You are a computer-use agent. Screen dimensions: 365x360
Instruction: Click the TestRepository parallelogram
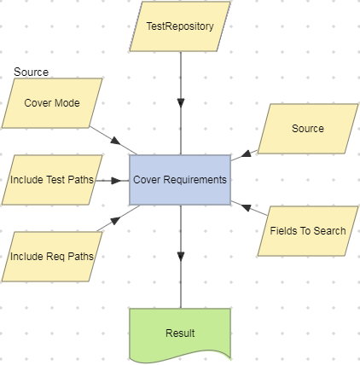180,26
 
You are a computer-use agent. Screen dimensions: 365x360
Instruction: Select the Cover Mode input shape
52,103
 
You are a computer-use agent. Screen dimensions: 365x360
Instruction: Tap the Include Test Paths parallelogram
52,180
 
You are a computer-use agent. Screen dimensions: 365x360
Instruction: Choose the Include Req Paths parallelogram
52,257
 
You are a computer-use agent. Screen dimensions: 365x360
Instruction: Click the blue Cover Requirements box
180,180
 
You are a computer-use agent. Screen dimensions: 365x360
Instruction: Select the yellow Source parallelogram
307,129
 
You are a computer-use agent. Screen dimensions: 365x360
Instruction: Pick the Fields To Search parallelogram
307,230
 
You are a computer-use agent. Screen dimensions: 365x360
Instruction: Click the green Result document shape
180,333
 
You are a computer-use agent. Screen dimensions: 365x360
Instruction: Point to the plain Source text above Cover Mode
32,72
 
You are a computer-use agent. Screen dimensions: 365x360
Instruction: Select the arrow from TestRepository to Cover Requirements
180,81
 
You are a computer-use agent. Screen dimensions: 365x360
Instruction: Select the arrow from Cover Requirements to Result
180,243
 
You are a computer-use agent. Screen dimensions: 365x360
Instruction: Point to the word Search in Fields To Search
329,230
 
